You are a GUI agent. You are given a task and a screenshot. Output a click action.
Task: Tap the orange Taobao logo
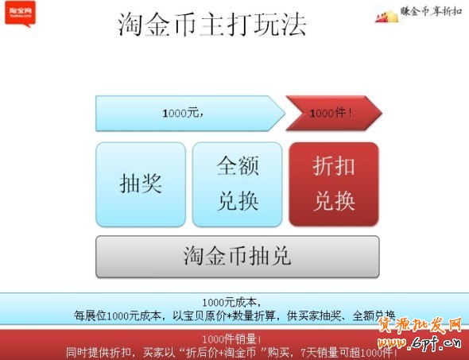click(x=19, y=13)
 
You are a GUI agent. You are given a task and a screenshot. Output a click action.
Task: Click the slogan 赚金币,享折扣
click(x=431, y=13)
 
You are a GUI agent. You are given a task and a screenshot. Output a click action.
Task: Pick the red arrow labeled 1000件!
click(x=332, y=114)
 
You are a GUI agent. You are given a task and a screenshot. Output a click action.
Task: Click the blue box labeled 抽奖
click(x=141, y=184)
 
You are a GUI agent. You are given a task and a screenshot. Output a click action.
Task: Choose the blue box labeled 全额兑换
click(x=238, y=184)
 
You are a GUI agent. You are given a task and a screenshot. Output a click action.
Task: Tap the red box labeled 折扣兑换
click(x=334, y=184)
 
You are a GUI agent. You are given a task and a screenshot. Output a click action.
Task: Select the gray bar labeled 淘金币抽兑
click(x=238, y=256)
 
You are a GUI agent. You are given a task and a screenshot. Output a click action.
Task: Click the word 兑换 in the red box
click(x=334, y=201)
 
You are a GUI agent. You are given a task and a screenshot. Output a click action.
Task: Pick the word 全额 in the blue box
click(x=238, y=166)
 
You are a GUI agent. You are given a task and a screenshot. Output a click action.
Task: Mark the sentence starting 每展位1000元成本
click(x=235, y=315)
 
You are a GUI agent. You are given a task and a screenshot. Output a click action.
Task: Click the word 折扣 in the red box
click(x=334, y=166)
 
